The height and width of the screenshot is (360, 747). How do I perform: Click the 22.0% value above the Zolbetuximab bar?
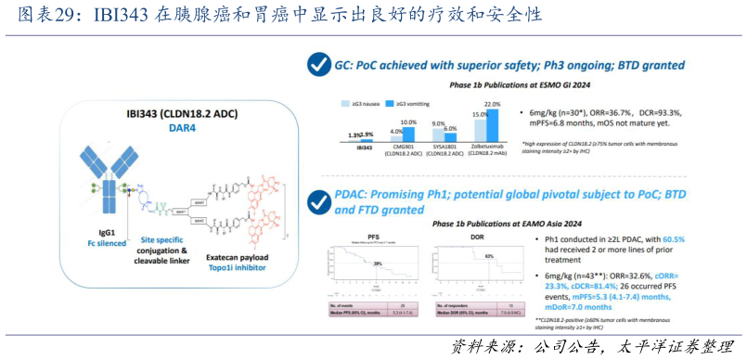coord(493,104)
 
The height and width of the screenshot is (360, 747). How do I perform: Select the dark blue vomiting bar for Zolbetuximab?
coord(493,124)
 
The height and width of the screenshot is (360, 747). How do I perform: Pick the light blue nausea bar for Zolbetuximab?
coord(480,129)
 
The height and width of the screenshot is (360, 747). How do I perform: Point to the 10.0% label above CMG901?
coord(408,122)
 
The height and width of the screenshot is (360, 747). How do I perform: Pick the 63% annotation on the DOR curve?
coord(487,255)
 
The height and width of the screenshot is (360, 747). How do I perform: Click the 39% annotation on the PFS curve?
coord(378,264)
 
